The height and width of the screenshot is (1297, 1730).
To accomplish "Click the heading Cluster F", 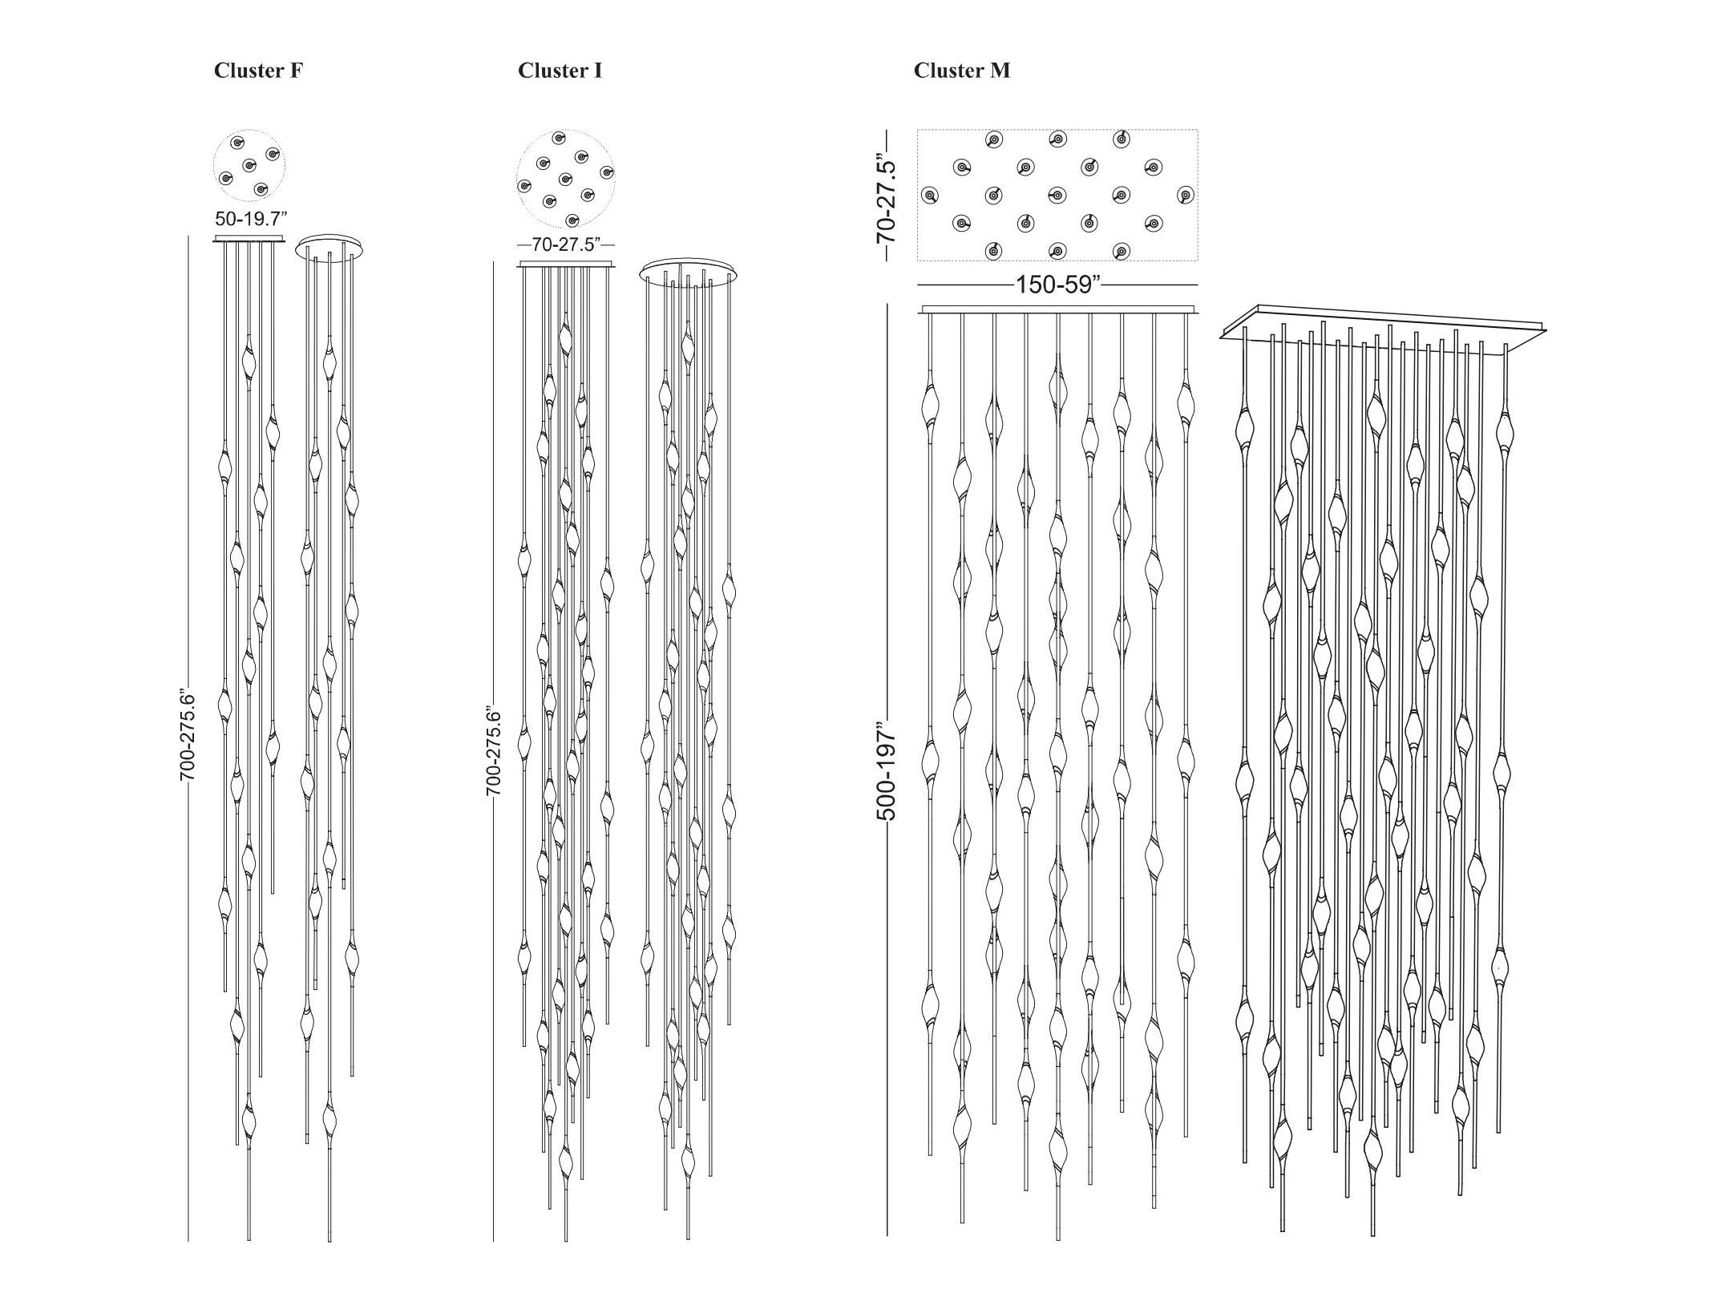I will coord(258,71).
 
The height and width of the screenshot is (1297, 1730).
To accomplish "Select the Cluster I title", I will coord(560,71).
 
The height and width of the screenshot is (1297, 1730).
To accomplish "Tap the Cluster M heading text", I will coord(962,71).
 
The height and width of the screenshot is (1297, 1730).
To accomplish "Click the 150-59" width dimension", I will coord(1057,285).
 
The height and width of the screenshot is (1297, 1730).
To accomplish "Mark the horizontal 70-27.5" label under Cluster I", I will coord(566,244).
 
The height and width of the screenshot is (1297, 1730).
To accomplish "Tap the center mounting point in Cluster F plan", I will coord(249,166).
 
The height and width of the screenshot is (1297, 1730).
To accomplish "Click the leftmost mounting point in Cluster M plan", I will coord(929,195).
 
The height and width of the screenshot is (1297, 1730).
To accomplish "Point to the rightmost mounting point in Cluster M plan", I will coord(1186,195).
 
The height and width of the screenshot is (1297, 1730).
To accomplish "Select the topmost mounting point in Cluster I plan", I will coord(558,138).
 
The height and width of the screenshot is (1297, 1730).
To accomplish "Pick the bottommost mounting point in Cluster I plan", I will coord(572,220).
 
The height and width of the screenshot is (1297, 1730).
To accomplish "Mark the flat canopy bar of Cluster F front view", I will coord(249,239).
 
